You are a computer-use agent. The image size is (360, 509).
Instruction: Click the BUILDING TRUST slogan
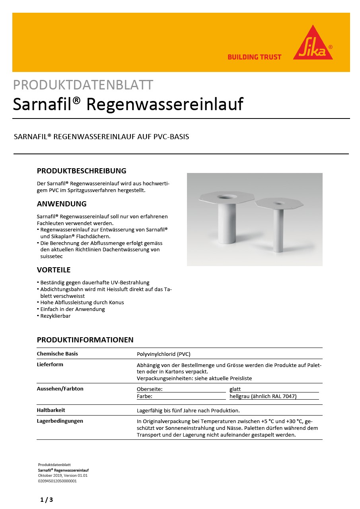coord(254,57)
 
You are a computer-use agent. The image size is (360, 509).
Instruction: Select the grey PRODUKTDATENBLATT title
coord(83,85)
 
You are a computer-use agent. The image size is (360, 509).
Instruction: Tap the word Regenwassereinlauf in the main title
coord(165,104)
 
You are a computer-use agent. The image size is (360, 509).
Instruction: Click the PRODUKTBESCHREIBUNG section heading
coord(82,171)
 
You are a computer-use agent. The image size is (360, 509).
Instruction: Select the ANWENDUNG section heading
coord(62,204)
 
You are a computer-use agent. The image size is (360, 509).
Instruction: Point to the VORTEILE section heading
coord(54,270)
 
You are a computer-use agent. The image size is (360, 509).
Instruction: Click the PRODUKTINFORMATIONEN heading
coord(85,340)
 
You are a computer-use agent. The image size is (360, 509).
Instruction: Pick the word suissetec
coord(52,256)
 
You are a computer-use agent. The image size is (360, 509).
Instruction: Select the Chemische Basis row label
coord(57,354)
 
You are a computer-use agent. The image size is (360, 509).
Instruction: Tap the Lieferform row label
coord(50,364)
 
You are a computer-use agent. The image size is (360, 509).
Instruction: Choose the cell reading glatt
coord(235,389)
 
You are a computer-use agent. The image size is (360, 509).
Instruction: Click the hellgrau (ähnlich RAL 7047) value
coord(263,396)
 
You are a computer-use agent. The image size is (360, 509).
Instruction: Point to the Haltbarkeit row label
coord(51,410)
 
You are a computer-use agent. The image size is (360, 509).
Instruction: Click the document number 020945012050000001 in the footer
coord(57,481)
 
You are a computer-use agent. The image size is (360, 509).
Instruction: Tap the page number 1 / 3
coord(47,500)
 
